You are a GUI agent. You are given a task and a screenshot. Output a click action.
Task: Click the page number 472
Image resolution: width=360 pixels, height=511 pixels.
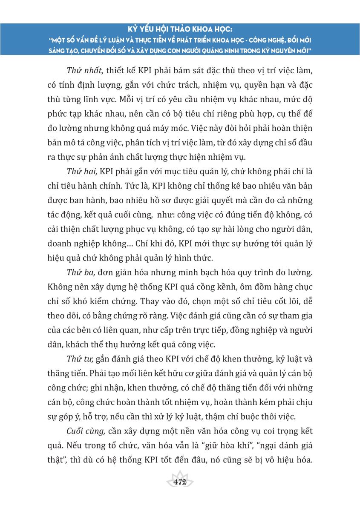[x=180, y=482]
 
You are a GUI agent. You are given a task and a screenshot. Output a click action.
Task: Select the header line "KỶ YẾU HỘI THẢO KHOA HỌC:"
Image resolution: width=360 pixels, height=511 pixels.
[x=180, y=31]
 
